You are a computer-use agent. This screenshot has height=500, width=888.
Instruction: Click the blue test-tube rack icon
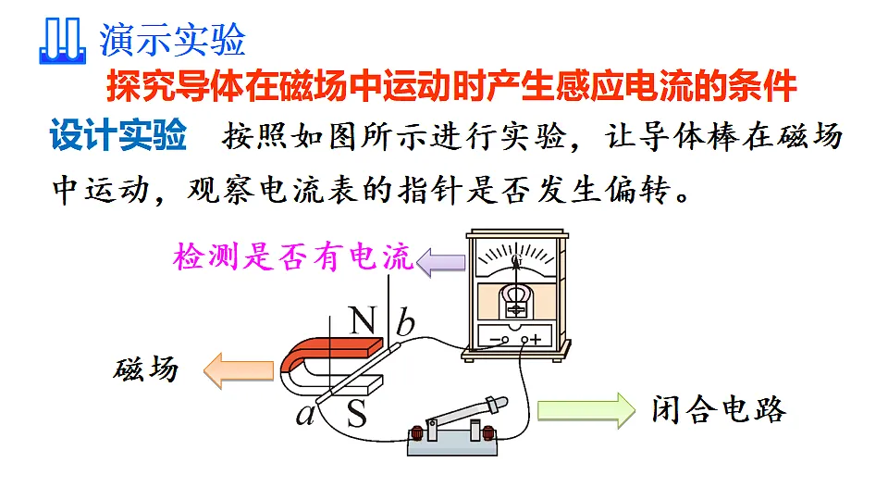tap(62, 41)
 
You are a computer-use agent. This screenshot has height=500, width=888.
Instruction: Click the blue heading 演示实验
tap(172, 40)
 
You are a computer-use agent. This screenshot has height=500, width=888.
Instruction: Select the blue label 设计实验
tap(118, 135)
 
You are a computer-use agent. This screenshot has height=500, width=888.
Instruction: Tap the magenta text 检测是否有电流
tap(293, 256)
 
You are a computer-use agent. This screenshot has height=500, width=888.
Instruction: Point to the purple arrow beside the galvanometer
tap(440, 262)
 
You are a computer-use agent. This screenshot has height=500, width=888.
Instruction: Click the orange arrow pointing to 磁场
tap(239, 370)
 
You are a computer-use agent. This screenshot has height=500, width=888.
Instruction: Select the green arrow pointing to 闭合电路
tap(586, 410)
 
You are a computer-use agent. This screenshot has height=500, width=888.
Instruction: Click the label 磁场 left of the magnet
tap(146, 369)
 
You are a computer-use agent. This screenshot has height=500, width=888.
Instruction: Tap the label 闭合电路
tap(719, 409)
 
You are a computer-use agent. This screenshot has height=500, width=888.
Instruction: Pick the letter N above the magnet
tap(363, 320)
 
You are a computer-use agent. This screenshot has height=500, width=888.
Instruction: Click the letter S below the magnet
tap(357, 413)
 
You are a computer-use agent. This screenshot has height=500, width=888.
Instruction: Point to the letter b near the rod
tap(405, 322)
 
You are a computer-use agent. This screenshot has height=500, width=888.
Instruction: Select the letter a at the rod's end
tap(306, 414)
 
